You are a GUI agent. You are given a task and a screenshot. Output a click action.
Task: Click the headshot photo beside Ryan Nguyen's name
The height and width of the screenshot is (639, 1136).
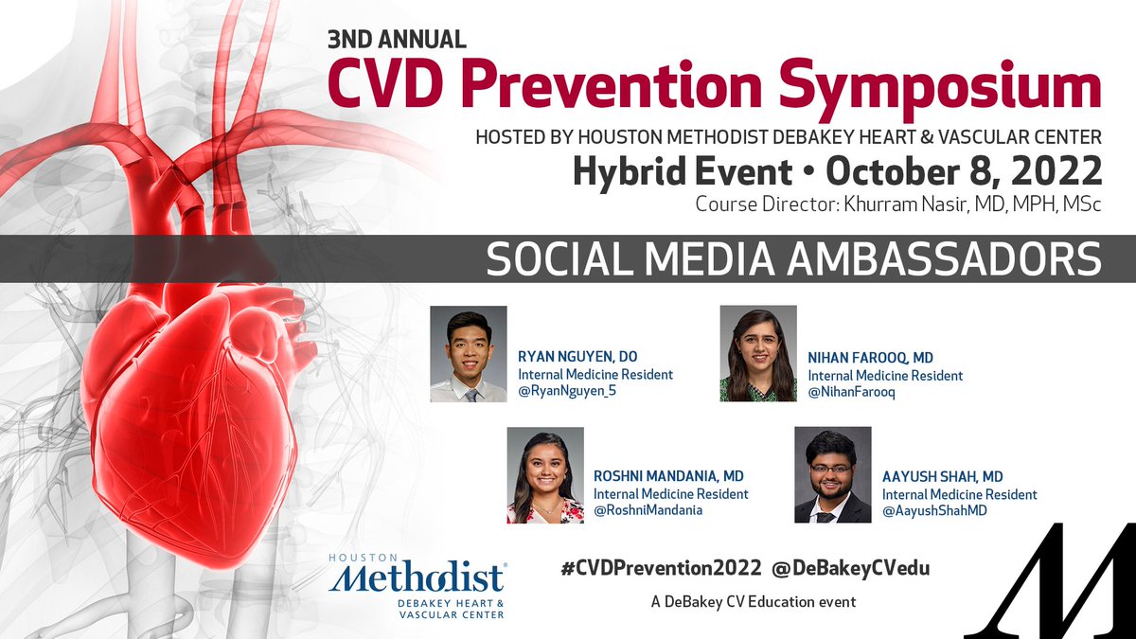click(x=468, y=354)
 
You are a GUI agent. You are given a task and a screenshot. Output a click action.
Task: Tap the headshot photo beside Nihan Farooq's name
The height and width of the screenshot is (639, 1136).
click(x=758, y=353)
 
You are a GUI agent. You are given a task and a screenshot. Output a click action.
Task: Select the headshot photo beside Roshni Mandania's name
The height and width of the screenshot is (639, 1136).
click(x=545, y=475)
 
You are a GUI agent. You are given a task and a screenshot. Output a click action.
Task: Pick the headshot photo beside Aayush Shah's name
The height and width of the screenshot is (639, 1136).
click(x=832, y=475)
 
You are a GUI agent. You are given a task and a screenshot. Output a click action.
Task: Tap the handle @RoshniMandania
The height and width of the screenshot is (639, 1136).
click(x=648, y=511)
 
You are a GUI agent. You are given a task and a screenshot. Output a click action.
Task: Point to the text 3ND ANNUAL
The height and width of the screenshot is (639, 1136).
click(x=397, y=39)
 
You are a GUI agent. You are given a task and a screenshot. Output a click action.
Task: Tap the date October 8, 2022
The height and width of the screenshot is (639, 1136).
click(x=964, y=171)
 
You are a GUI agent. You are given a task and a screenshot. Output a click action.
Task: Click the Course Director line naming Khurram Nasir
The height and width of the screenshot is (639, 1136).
click(x=898, y=204)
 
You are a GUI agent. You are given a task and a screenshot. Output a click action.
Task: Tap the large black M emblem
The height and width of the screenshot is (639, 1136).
click(x=1048, y=578)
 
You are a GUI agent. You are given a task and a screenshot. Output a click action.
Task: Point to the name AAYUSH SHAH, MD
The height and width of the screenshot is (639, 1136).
click(x=942, y=476)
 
